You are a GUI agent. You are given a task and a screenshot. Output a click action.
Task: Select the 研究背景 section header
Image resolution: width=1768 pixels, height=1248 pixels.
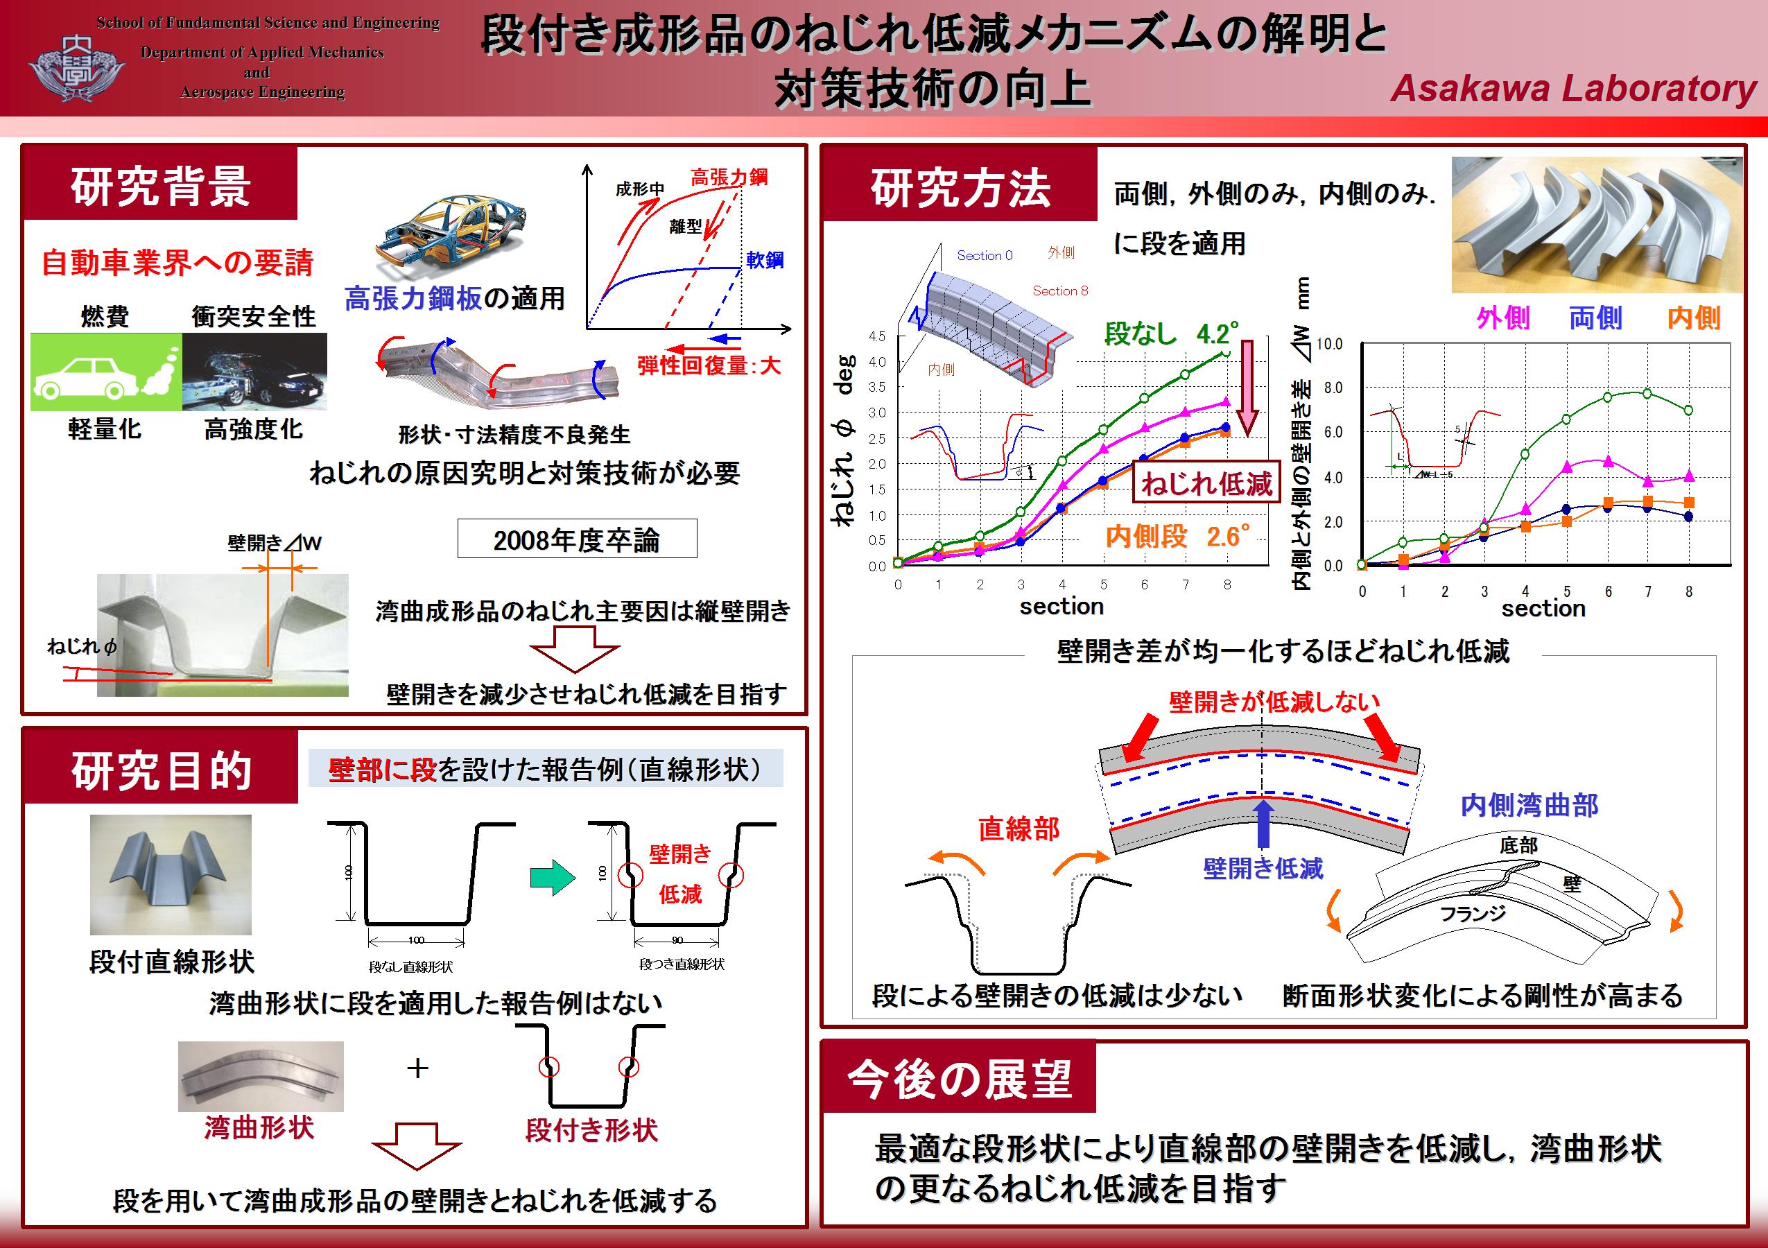(x=160, y=186)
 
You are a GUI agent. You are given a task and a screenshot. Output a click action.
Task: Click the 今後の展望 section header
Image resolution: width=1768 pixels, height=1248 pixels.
(x=960, y=1079)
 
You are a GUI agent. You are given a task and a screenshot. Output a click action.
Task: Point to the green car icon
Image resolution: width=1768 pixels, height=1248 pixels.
(x=106, y=372)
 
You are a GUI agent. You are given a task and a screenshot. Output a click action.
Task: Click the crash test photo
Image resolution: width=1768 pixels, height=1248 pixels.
(x=255, y=372)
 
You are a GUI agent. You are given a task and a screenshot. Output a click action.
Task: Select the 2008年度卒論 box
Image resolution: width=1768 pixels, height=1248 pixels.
(x=577, y=539)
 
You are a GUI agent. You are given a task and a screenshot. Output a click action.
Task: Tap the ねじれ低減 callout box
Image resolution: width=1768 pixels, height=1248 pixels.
(x=1206, y=483)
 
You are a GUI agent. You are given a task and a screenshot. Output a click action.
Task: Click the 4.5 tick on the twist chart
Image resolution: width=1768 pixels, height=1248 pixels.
(x=877, y=336)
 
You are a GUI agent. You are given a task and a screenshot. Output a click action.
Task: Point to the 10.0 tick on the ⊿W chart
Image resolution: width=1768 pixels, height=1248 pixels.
(x=1329, y=344)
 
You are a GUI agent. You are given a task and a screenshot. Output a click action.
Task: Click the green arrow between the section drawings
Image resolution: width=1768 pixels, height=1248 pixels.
(x=553, y=877)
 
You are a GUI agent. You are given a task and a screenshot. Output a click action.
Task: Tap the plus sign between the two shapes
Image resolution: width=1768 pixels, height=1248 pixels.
(x=417, y=1068)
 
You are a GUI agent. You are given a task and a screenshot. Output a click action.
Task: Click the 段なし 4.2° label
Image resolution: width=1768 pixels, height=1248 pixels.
(x=1172, y=333)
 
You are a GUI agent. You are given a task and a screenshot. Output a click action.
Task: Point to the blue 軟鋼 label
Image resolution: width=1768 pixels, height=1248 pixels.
(x=764, y=260)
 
